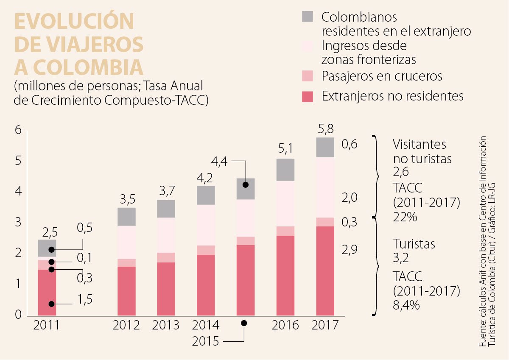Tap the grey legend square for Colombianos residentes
pos(308,17)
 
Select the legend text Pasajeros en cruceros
pos(382,76)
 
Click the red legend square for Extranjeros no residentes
pos(308,96)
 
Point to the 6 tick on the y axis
pos(18,130)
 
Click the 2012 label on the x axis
pos(126,325)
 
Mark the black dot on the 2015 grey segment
pos(245,185)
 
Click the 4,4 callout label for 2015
pos(219,161)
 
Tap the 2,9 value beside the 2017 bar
pos(350,249)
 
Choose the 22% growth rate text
pos(405,217)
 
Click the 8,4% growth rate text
pos(406,304)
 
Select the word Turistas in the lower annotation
pos(414,244)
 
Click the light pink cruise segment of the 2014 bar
pos(206,250)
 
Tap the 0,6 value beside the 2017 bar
pos(350,145)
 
